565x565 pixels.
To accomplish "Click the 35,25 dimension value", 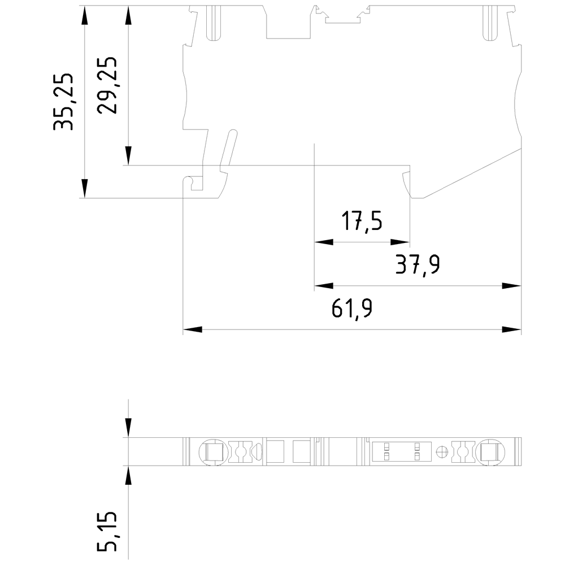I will [64, 102].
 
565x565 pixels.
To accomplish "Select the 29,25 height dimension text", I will [107, 85].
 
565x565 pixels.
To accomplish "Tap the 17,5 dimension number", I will [361, 221].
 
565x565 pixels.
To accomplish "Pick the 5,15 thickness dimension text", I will [107, 531].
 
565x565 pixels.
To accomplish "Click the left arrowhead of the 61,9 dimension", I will [193, 329].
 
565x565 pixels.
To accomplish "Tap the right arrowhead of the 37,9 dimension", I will [511, 286].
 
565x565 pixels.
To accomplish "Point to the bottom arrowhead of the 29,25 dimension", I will [129, 155].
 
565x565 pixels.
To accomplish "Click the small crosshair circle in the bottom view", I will [443, 451].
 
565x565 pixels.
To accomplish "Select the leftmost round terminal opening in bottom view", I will [212, 451].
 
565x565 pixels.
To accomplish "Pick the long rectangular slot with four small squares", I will [401, 451].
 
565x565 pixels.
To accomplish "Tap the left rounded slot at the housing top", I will [213, 24].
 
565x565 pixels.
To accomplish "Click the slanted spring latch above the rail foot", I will [227, 149].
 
